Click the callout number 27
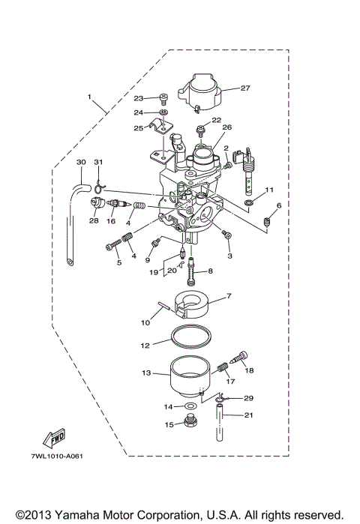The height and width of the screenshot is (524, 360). coord(244,88)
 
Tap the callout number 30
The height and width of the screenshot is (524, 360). coord(81,162)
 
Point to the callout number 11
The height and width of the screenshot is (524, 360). coord(269,190)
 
